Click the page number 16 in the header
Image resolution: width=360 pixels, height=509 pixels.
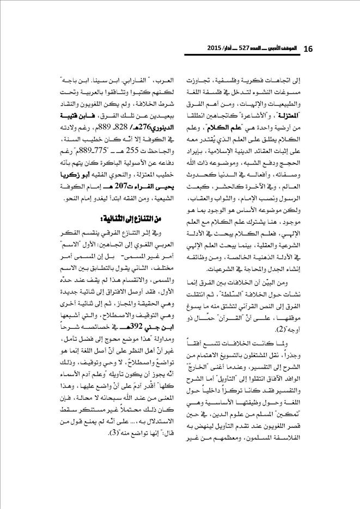308,49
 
